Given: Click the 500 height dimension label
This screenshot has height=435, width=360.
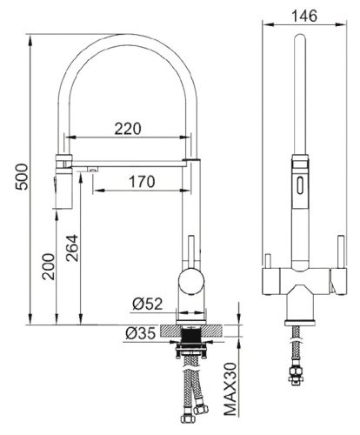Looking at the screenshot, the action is [22, 177].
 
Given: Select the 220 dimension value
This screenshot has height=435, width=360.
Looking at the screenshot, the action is [128, 129].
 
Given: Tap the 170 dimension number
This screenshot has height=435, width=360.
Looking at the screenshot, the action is [142, 182].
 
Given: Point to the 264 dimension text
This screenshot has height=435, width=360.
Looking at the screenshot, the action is [72, 248].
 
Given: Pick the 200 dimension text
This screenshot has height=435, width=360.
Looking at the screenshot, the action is [49, 266].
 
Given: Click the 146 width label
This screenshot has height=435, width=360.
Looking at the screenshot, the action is [304, 16].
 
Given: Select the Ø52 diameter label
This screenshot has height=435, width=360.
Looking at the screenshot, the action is [147, 304].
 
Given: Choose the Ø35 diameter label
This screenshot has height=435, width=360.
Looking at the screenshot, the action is [140, 333].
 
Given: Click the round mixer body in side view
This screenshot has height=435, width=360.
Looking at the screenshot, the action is [191, 282].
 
